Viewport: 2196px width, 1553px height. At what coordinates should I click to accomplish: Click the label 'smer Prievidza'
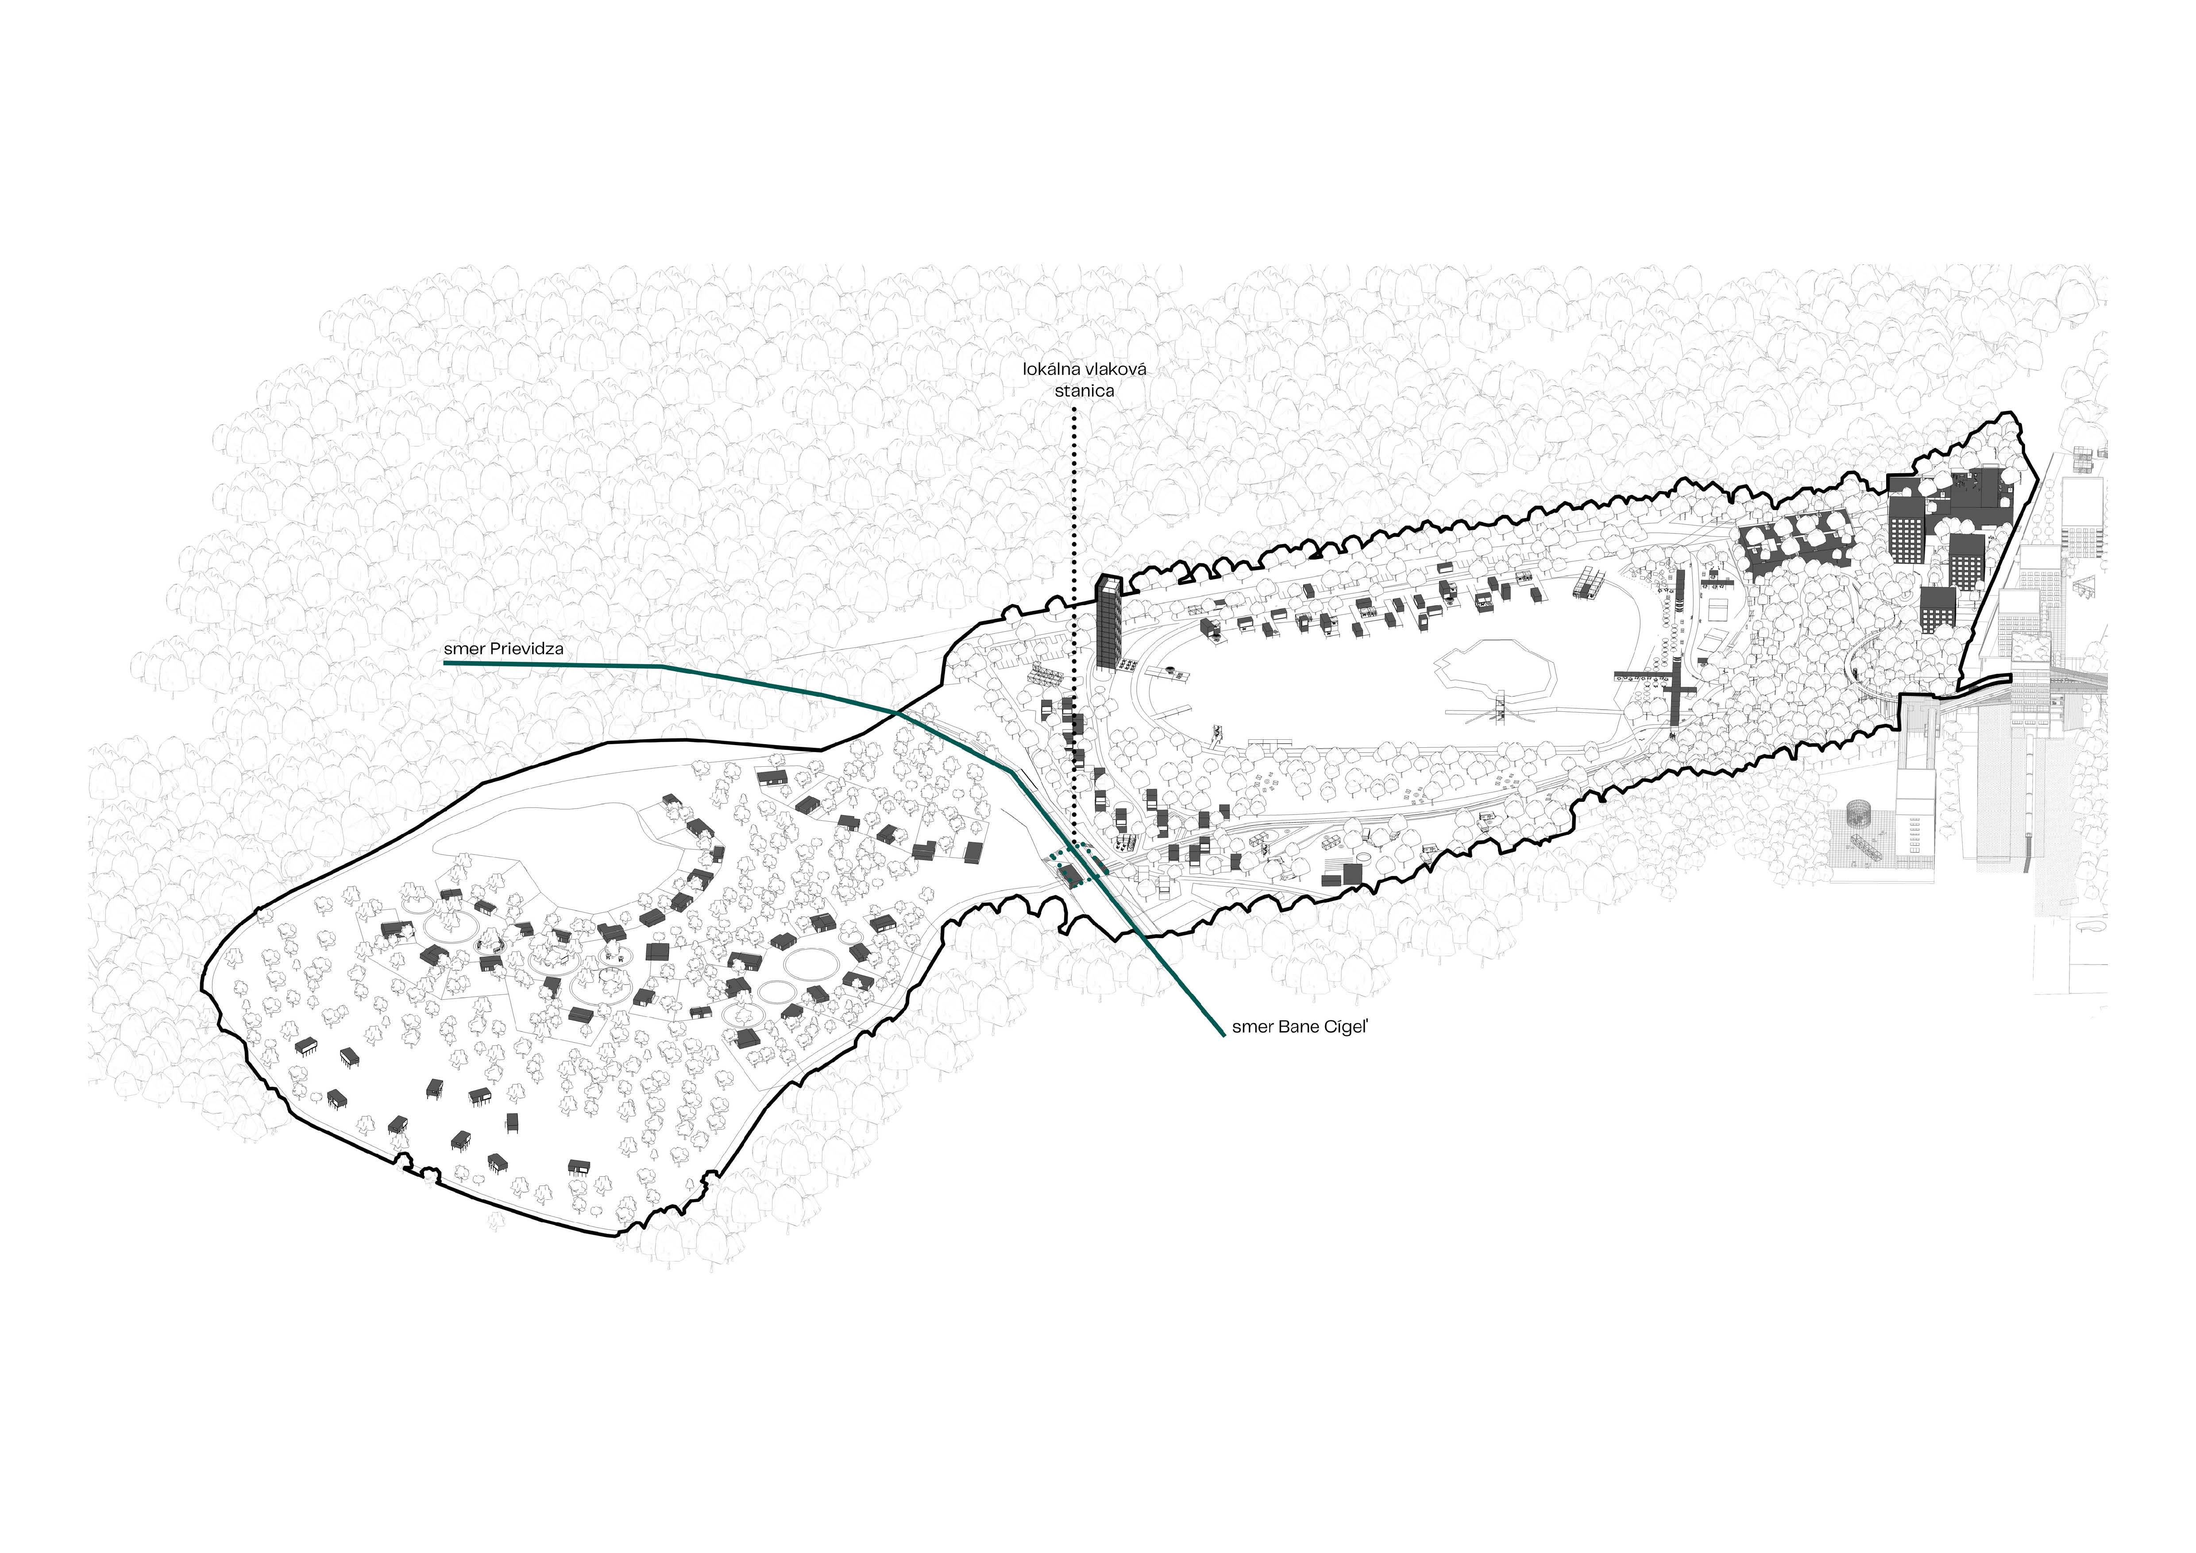tap(503, 649)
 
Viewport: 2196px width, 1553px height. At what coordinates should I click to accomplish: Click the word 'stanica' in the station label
tap(1084, 390)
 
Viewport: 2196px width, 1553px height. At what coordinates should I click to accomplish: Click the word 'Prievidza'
tap(526, 649)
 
